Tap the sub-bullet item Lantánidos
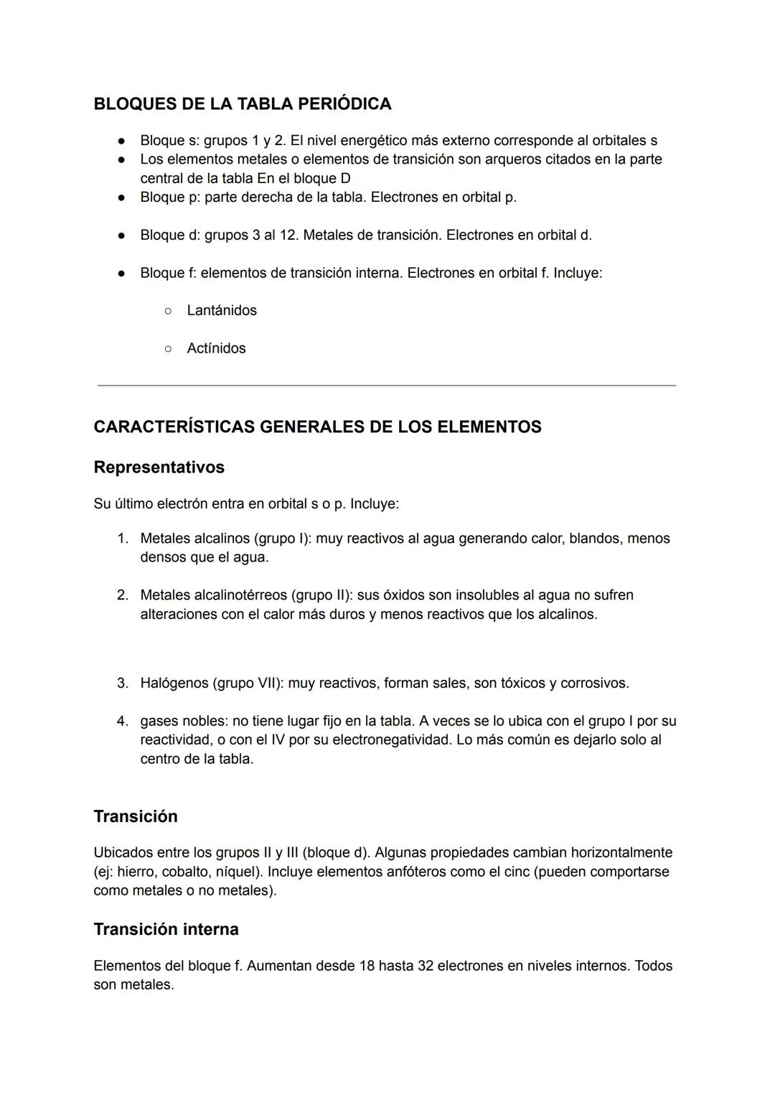tap(221, 311)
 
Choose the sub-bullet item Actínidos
tap(216, 348)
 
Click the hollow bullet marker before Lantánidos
tap(168, 311)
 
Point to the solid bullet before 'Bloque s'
tap(122, 141)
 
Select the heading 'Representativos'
tap(159, 467)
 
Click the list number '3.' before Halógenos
tap(123, 683)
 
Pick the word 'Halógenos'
tap(174, 683)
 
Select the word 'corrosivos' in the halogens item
tap(593, 683)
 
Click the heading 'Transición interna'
tap(166, 929)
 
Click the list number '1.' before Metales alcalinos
tap(123, 539)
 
